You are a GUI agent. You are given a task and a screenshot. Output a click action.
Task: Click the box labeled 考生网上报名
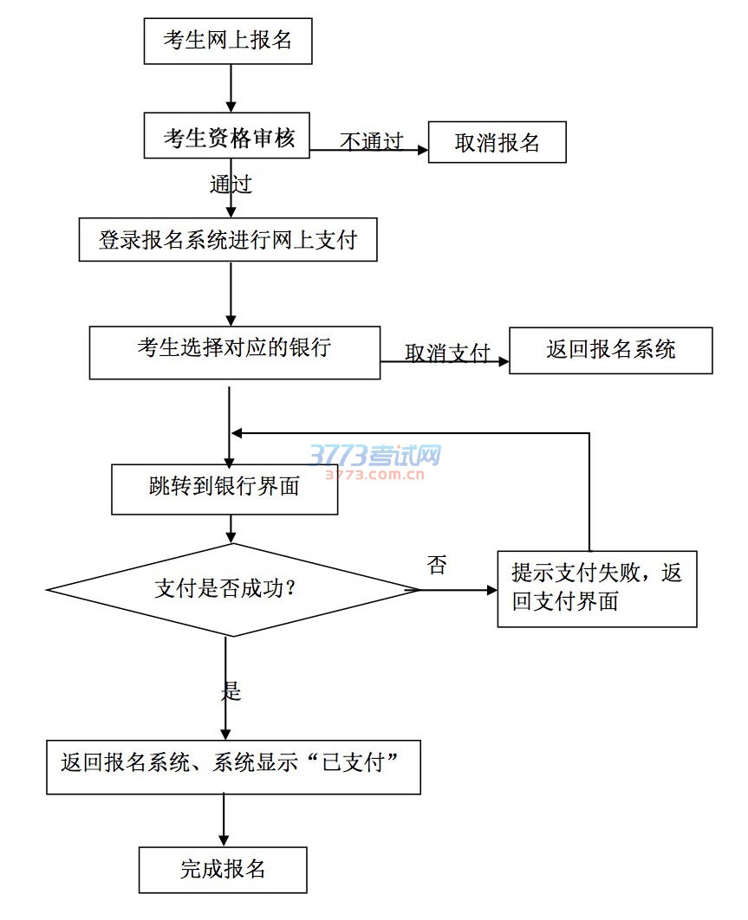227,41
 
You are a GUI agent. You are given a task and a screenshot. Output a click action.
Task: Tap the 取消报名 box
497,143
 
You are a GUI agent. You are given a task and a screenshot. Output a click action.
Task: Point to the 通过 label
231,184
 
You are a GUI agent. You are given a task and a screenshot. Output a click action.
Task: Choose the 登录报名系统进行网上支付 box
228,240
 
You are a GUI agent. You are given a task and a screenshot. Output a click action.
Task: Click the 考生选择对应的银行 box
234,351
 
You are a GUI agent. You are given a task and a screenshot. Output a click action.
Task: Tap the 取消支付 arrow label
447,353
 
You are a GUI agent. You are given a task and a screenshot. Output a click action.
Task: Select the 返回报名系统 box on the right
610,350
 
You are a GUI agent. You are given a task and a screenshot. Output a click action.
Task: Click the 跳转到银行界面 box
224,488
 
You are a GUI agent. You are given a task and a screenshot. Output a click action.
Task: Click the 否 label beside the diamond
438,567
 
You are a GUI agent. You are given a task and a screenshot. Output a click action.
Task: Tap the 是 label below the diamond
231,690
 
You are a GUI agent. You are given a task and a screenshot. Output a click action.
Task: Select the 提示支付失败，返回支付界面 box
596,588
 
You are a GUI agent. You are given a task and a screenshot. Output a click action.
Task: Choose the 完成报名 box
223,869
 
